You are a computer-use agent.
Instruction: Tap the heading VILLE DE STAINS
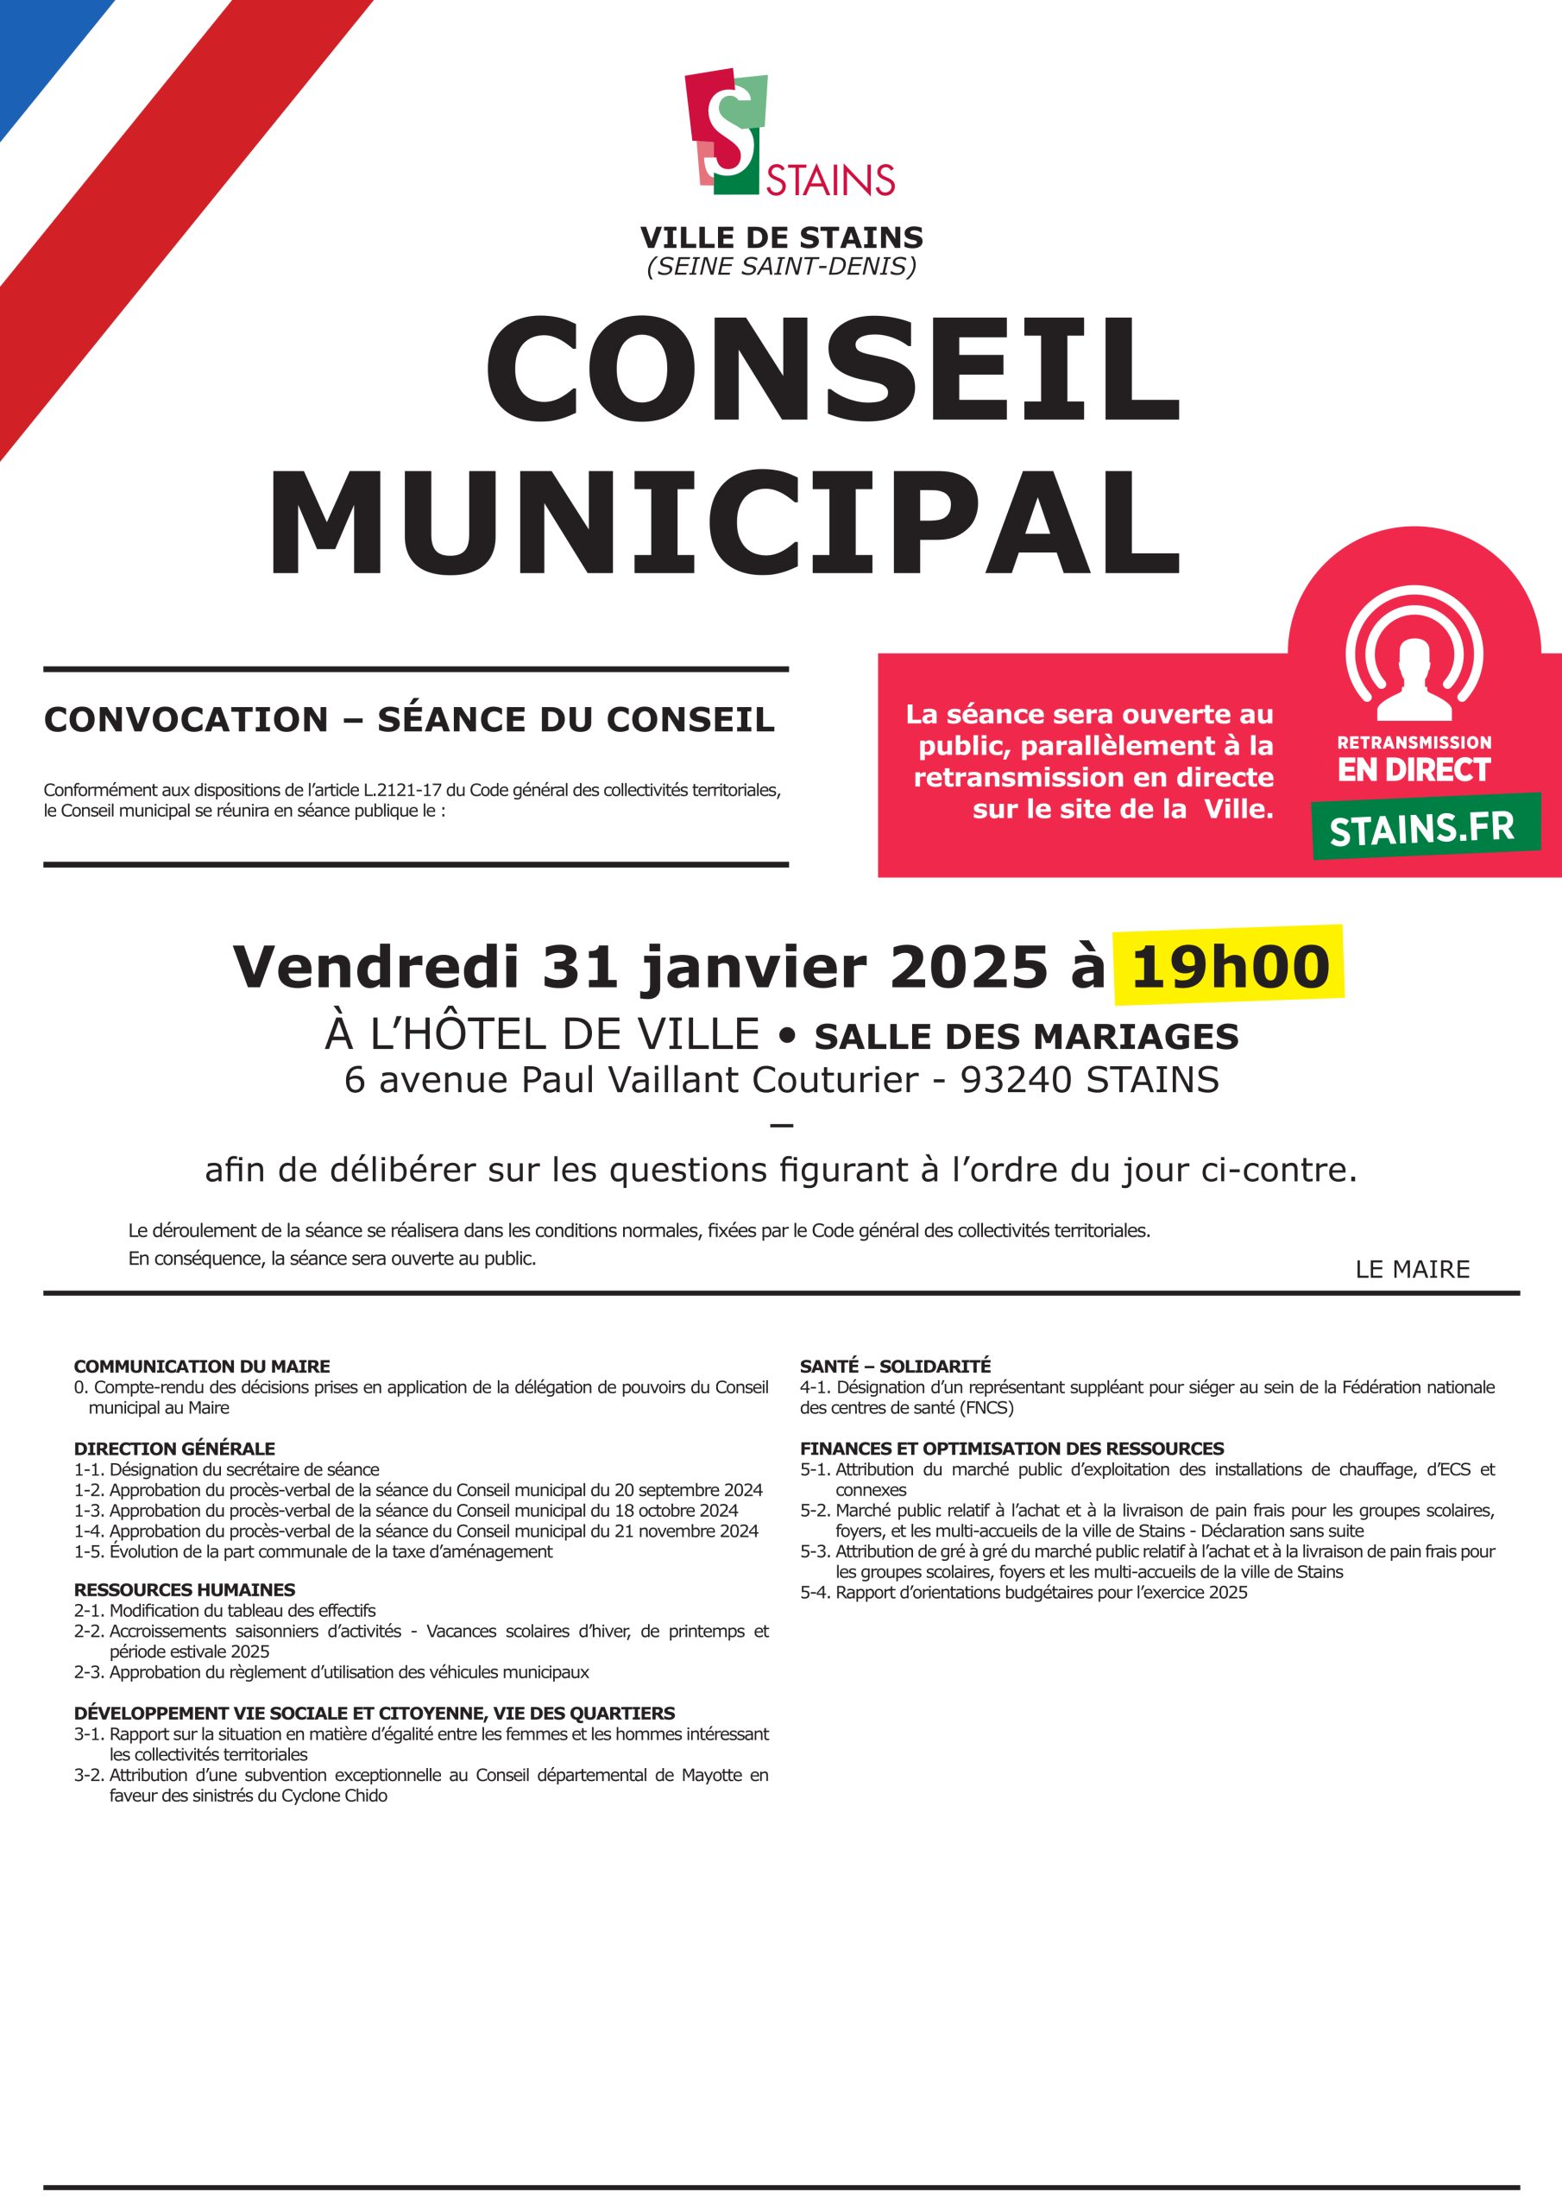(x=782, y=237)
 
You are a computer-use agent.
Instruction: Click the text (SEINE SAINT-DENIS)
(x=782, y=267)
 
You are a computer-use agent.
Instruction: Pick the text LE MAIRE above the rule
(x=1412, y=1270)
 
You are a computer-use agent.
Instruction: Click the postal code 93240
(x=1017, y=1080)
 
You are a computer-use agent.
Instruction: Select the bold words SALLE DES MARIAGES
(x=1026, y=1037)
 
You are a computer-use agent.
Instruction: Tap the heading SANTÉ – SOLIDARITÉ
(x=895, y=1366)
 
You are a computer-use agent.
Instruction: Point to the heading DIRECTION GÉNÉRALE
(x=174, y=1449)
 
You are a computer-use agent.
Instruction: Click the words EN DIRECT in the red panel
(x=1413, y=771)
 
